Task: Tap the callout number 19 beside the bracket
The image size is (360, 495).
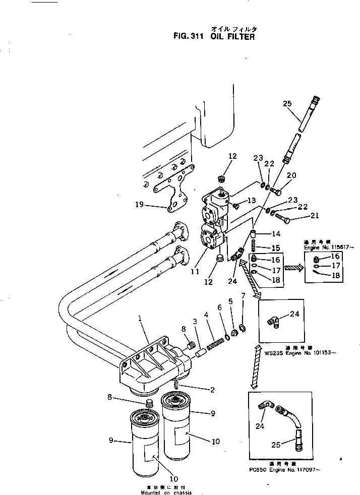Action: [x=140, y=205]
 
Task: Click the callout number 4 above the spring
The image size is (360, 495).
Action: [x=206, y=316]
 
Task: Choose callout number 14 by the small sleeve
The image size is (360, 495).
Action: [x=276, y=233]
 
